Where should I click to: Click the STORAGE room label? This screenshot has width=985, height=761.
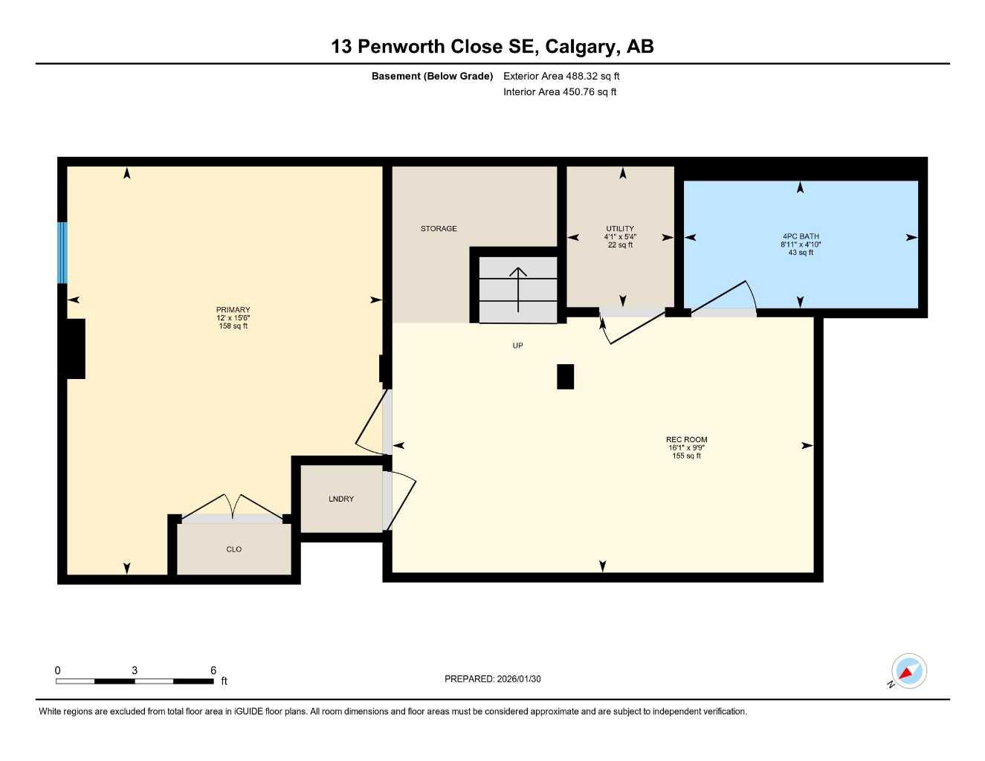point(439,229)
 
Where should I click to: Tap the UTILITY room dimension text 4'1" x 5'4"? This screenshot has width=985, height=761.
point(620,237)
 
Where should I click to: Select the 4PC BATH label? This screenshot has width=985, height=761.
point(800,236)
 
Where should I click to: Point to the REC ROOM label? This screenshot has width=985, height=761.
point(686,440)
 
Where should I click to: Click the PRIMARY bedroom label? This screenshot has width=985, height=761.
point(233,310)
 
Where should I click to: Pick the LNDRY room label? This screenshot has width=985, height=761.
point(341,499)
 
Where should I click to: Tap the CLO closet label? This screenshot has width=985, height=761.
point(233,550)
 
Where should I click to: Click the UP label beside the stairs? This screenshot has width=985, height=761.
point(517,346)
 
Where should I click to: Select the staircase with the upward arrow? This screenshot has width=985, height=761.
point(518,290)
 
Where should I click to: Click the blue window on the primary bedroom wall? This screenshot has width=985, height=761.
point(62,253)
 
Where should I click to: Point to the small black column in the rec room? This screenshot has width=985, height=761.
point(565,377)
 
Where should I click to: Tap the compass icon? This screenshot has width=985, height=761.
point(908,671)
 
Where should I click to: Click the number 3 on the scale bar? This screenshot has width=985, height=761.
point(135,670)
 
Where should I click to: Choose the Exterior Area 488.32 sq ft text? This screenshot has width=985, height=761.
point(561,76)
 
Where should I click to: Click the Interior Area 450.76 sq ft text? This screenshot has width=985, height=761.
point(560,92)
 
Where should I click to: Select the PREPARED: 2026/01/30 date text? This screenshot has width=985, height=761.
point(493,679)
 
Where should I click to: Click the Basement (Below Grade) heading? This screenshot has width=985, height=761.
point(432,76)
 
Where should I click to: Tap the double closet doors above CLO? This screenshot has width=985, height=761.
point(232,508)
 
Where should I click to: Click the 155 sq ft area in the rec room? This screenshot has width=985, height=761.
point(686,456)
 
